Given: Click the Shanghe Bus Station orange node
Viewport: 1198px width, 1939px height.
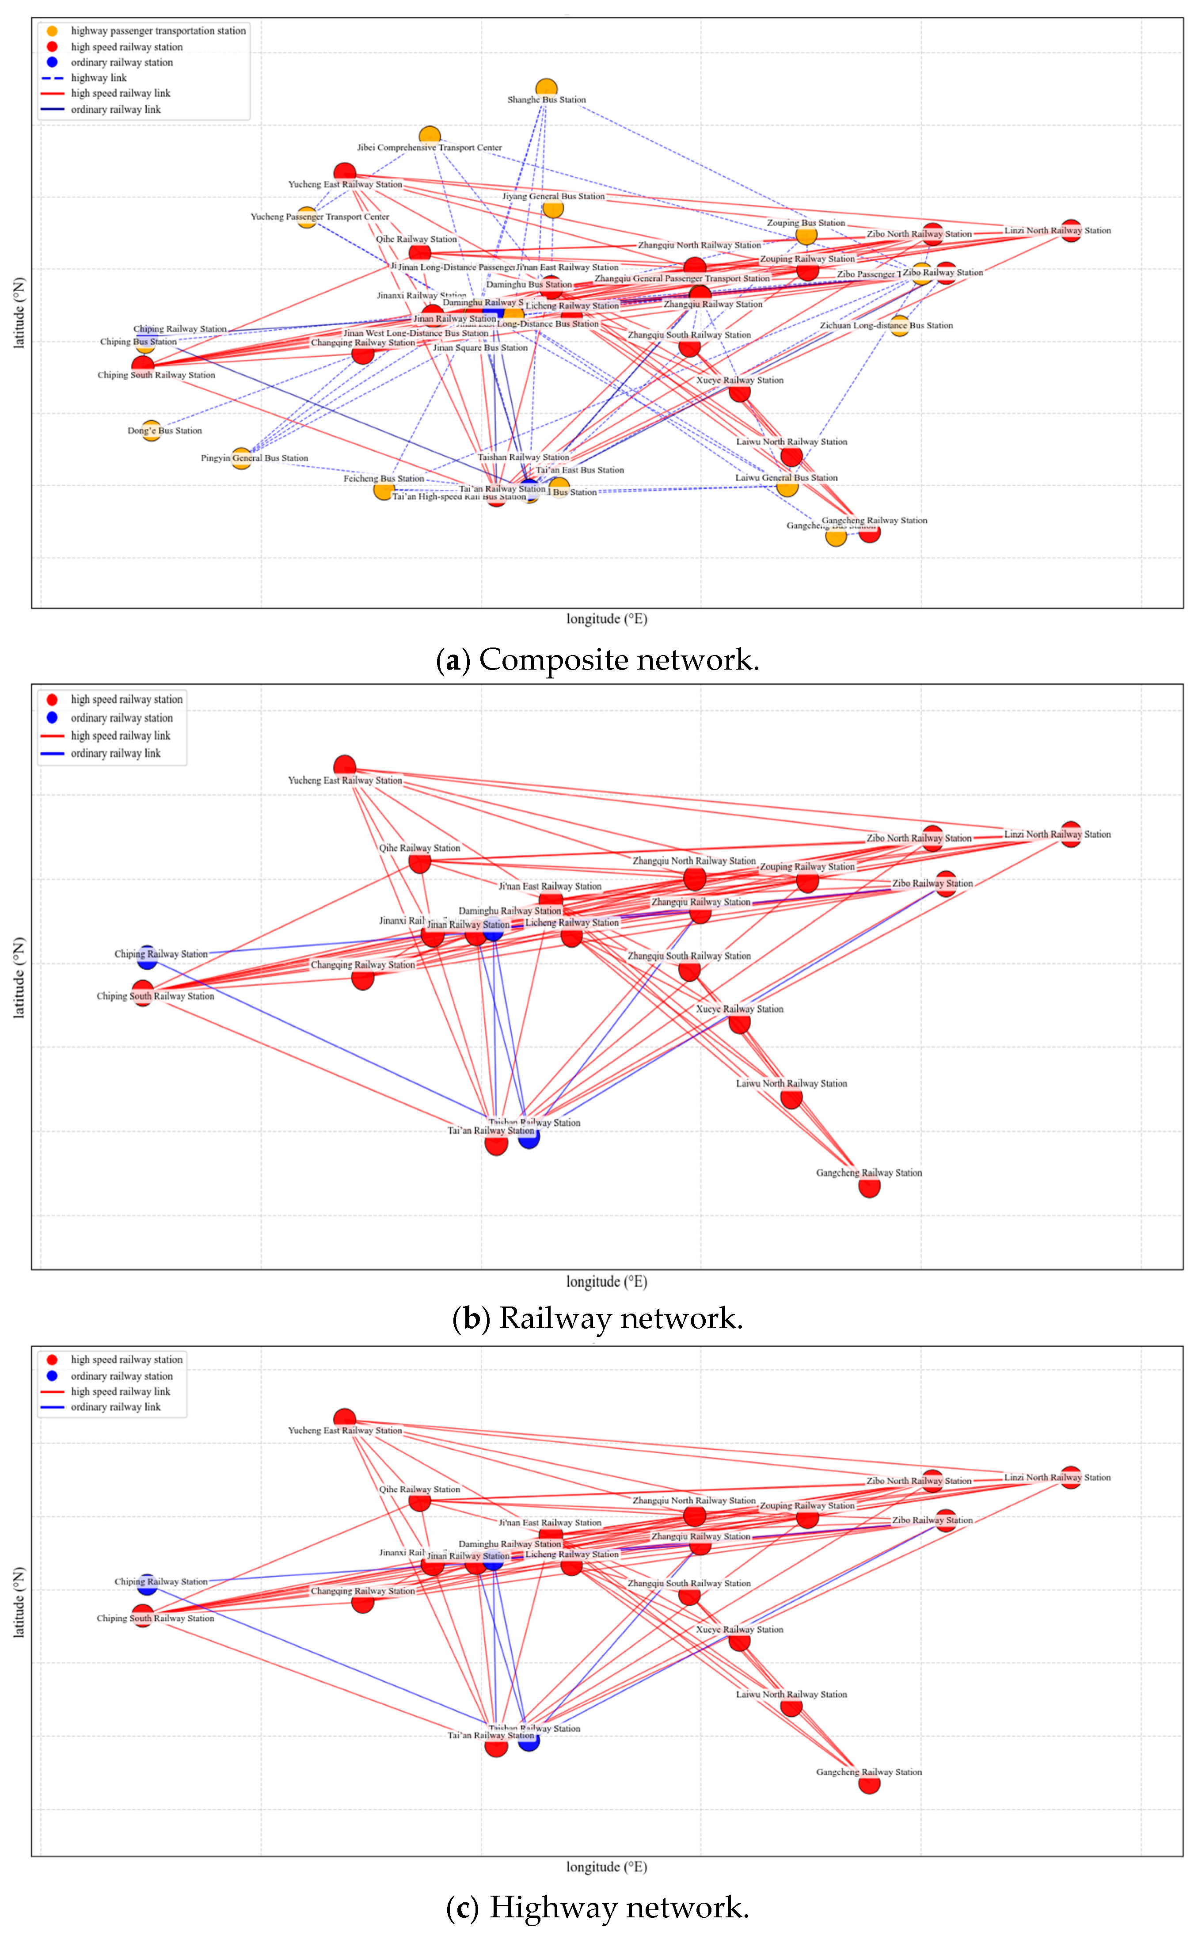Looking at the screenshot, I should click(546, 88).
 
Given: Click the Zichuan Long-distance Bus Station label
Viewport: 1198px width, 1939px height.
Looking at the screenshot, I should click(886, 326).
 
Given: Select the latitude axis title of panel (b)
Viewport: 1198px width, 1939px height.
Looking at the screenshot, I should click(19, 977).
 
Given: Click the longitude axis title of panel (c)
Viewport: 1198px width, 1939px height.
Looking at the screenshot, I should click(606, 1867).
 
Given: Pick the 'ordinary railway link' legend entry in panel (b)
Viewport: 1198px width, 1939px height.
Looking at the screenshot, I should click(115, 754).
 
